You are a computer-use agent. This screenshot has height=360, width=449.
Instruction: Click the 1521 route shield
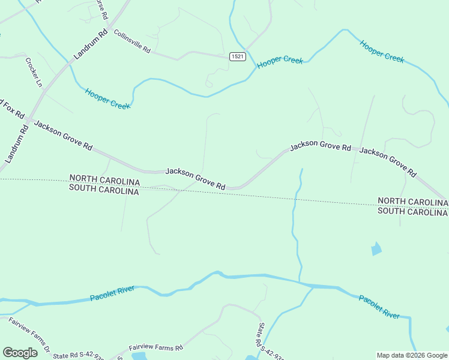coord(237,56)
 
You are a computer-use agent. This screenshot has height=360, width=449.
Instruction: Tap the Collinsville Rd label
coord(131,42)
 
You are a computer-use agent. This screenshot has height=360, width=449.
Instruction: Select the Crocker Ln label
coord(34,73)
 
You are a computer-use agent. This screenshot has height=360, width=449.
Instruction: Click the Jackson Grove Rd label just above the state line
coord(195,179)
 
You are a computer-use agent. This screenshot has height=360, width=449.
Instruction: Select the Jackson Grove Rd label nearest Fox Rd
coord(63,136)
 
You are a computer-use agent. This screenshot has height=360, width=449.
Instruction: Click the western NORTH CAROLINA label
coord(104,181)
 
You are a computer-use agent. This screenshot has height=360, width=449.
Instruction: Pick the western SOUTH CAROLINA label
coord(104,190)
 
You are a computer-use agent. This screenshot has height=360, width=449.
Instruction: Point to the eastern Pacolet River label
coord(379,306)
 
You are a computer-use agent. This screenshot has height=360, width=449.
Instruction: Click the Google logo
coord(20,352)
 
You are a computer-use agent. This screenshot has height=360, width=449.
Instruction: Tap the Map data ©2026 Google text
coord(412,355)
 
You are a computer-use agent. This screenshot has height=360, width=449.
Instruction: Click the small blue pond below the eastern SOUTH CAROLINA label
coord(376,248)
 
